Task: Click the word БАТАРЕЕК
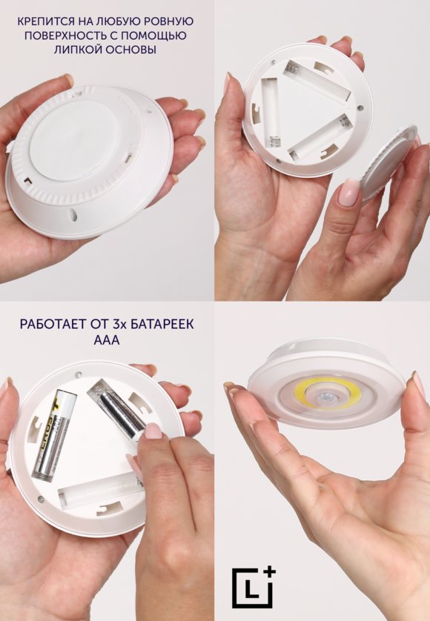click(x=160, y=325)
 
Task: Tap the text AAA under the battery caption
click(x=107, y=340)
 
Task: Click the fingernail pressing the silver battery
click(x=153, y=431)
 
